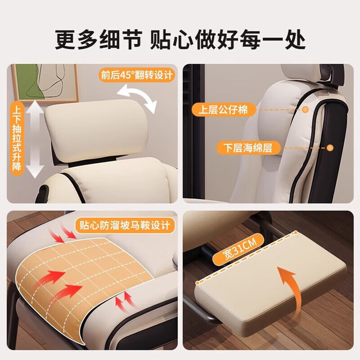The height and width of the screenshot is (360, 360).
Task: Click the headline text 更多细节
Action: point(98,40)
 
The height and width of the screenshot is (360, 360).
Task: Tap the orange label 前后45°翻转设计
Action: point(137,75)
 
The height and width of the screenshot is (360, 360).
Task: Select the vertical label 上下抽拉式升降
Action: point(17,138)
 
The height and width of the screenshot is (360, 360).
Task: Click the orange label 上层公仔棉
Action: point(223,110)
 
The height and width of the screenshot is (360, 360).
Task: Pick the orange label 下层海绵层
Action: point(248,147)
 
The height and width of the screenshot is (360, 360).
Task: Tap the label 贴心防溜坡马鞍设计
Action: point(125,225)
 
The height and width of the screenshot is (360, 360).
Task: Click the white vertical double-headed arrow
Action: point(35,139)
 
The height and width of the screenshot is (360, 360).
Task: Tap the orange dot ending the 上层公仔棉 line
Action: point(305,110)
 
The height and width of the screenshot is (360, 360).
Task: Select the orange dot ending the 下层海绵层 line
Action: point(330,148)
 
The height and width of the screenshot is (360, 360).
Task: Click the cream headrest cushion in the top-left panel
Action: point(96,129)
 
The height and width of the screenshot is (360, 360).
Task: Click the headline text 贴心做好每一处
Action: point(227,40)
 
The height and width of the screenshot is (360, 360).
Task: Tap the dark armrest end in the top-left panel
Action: point(42,193)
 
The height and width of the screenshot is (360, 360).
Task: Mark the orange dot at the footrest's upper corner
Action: point(296,233)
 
